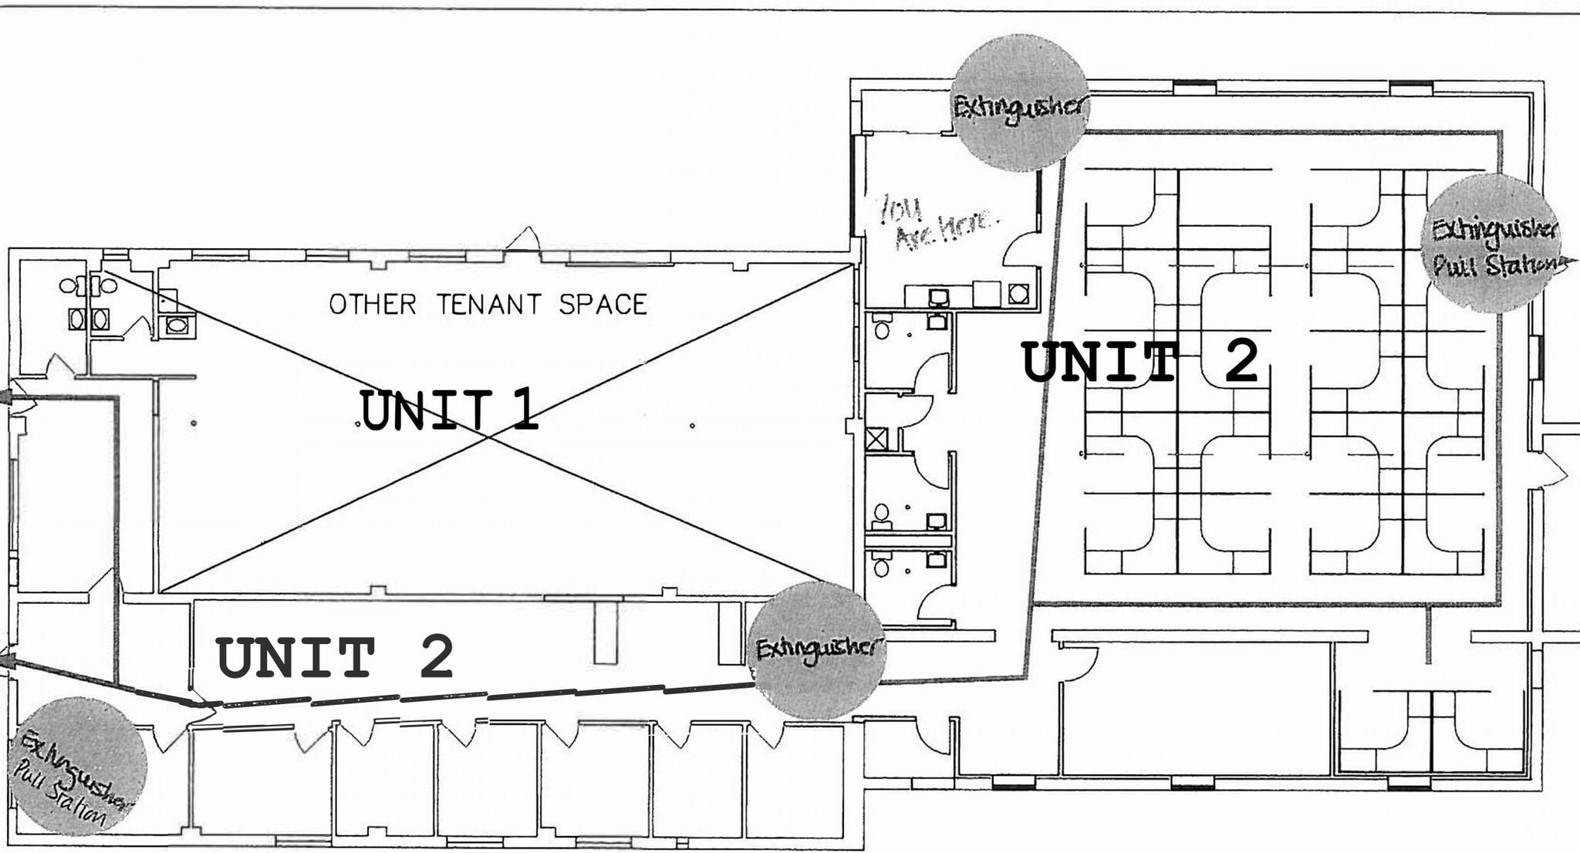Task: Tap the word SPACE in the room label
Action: coord(603,305)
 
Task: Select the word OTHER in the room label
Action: coord(373,305)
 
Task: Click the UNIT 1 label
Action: coord(448,410)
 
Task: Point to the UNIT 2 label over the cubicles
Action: coord(1139,362)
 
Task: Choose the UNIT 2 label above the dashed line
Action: coord(334,658)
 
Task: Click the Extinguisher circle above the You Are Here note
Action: coord(1020,103)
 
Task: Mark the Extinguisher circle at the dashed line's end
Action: coord(817,650)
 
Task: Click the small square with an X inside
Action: coord(876,440)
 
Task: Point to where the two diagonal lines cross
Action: coord(488,437)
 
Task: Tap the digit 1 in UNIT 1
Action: coord(525,410)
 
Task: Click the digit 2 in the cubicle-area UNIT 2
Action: coord(1241,362)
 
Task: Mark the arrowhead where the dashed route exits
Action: coord(6,660)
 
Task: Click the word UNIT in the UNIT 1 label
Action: coord(425,410)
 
